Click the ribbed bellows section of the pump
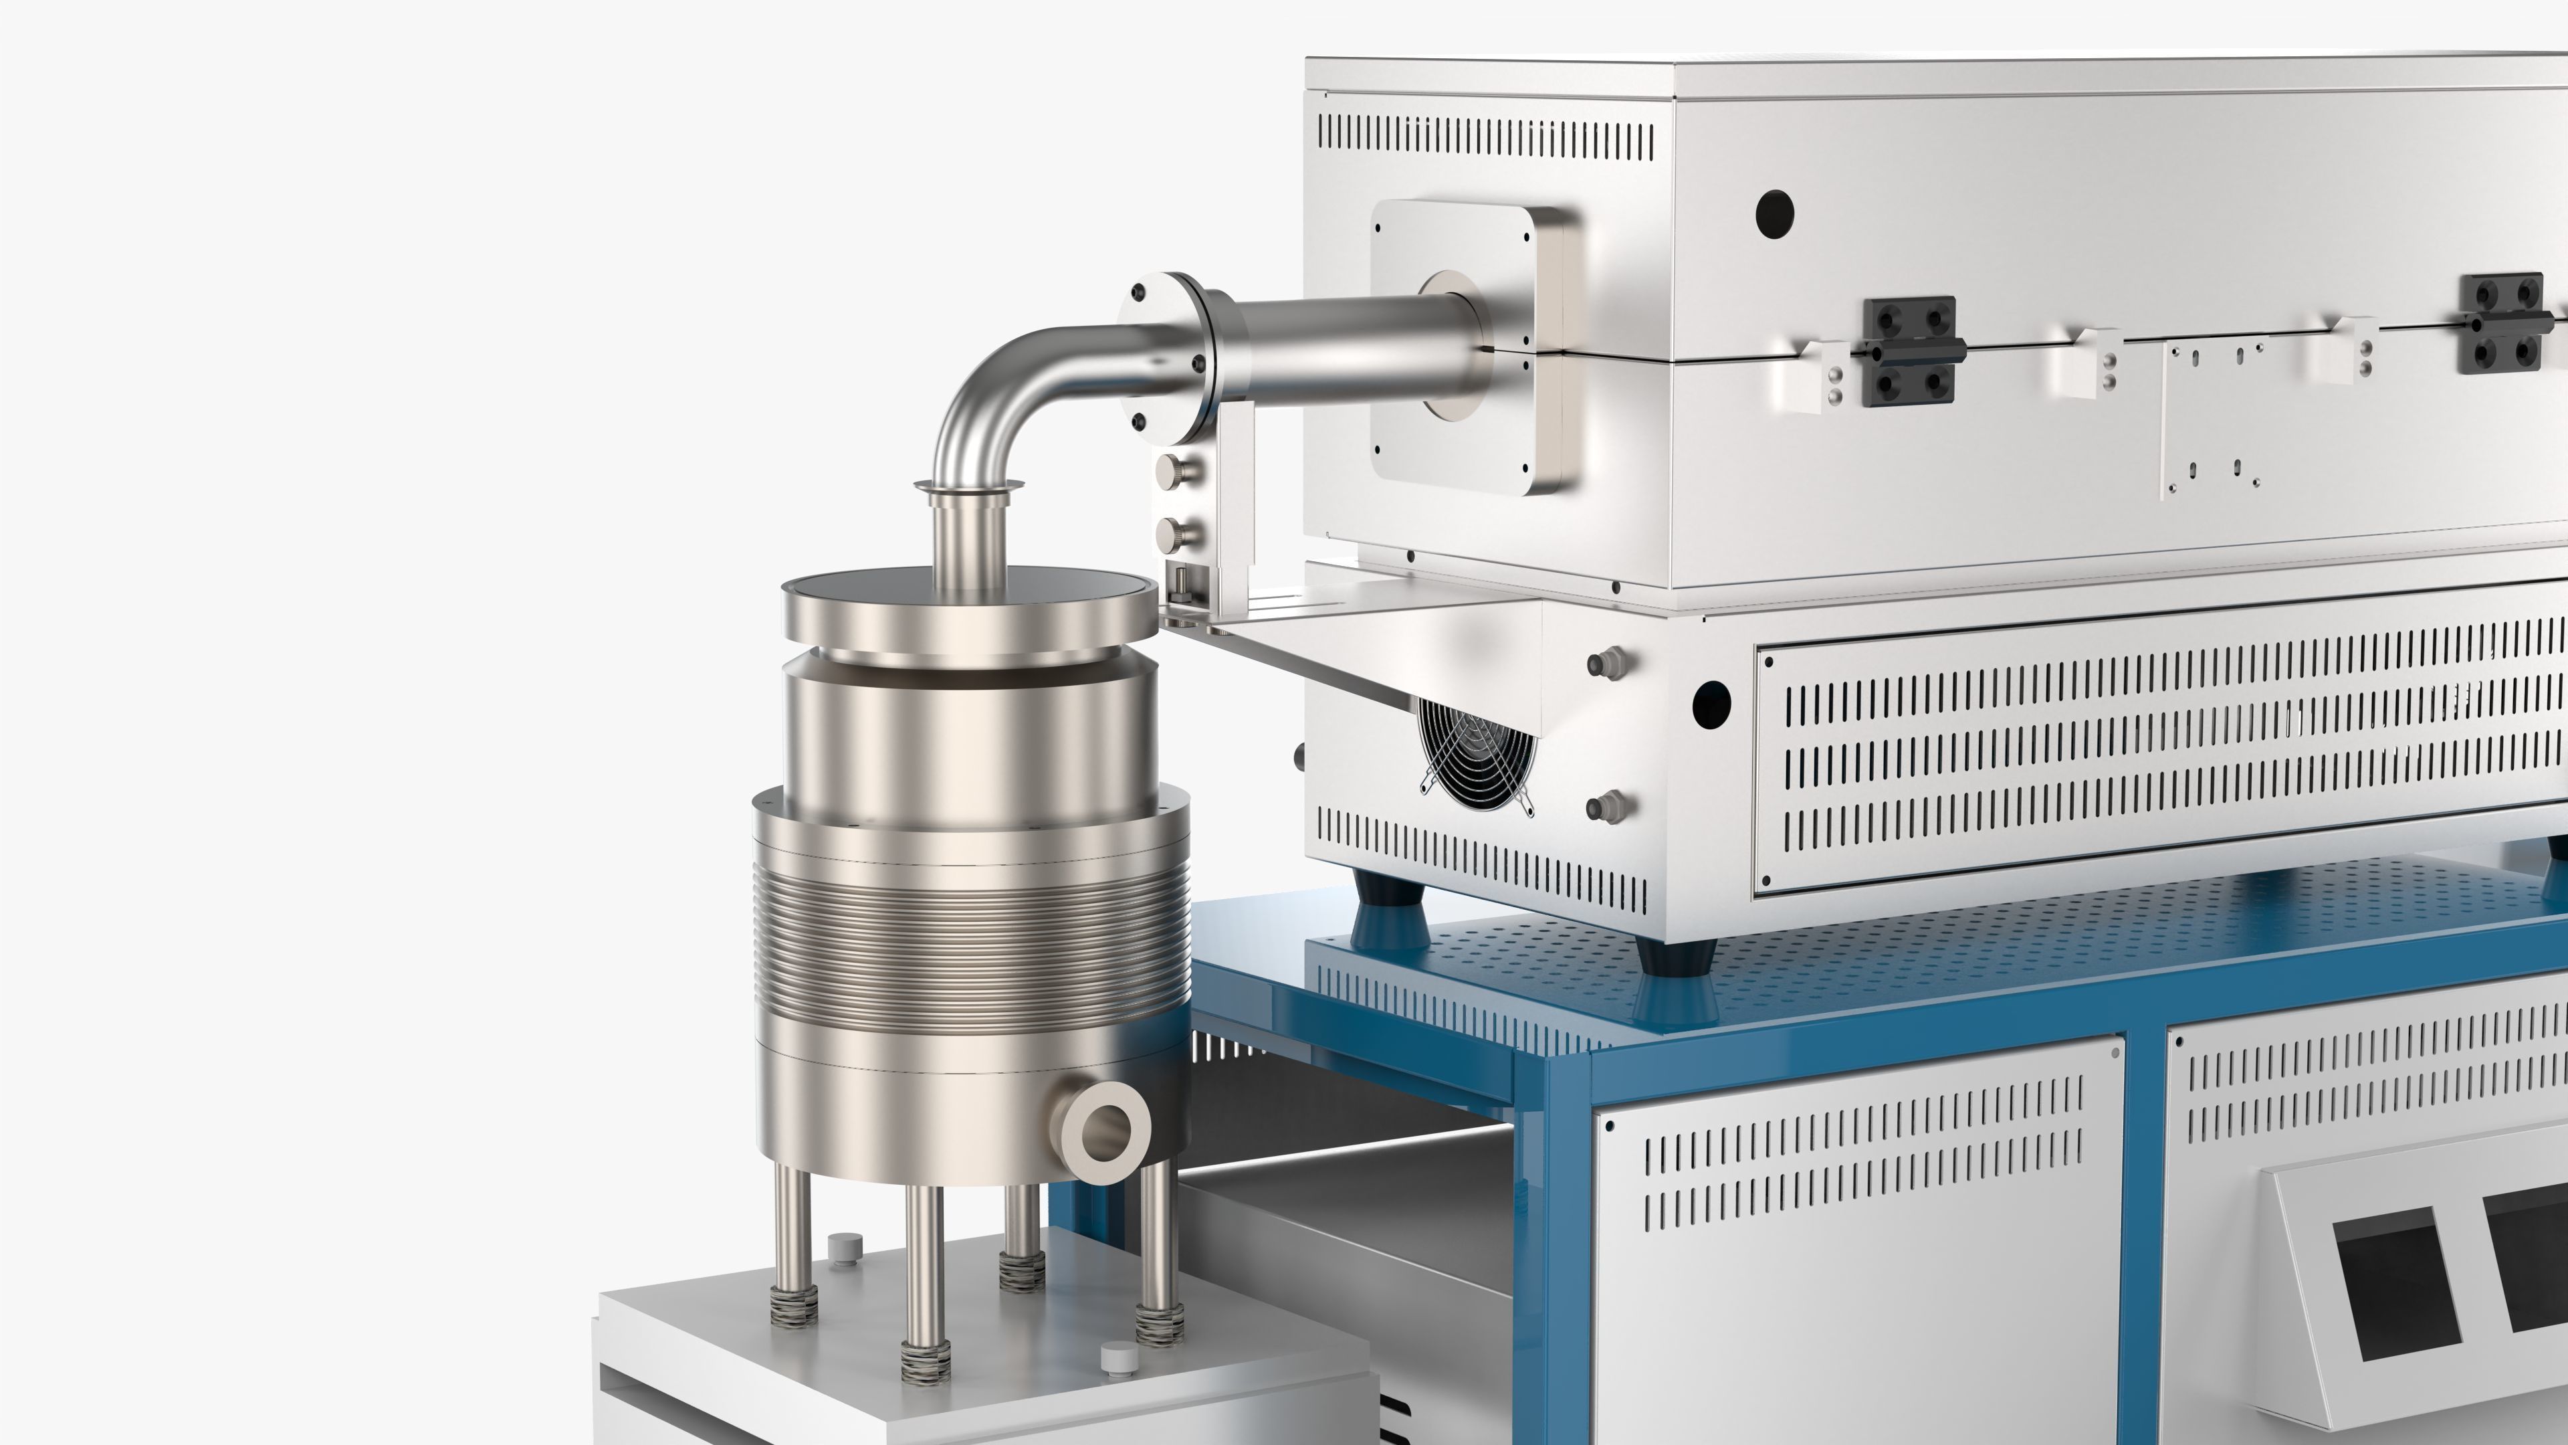(969, 943)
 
